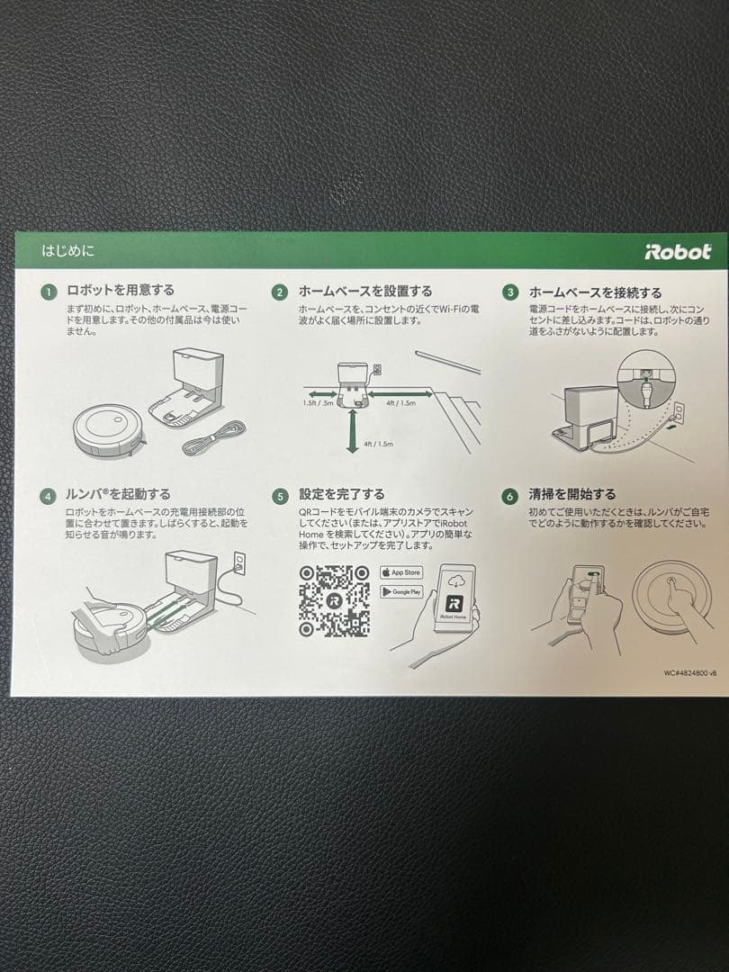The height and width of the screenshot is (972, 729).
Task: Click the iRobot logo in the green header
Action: click(x=677, y=252)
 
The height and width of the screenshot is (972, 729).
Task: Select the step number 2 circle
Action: click(x=280, y=292)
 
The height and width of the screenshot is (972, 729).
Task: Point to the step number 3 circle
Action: click(x=510, y=292)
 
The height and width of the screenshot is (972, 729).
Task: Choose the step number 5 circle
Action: click(x=280, y=496)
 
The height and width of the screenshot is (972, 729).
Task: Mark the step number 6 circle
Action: click(x=510, y=496)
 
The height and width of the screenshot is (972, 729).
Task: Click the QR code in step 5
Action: click(x=333, y=600)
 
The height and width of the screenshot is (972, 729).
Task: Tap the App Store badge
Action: click(x=400, y=572)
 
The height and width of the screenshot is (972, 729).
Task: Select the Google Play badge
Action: click(x=400, y=591)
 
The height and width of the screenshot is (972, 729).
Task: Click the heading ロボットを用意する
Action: click(x=121, y=291)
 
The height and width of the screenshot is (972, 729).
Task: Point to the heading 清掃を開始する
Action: click(x=572, y=494)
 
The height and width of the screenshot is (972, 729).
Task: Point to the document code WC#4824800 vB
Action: click(x=690, y=672)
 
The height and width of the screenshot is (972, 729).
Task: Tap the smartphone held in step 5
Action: click(x=454, y=601)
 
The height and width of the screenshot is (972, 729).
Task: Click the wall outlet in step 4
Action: click(x=238, y=563)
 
